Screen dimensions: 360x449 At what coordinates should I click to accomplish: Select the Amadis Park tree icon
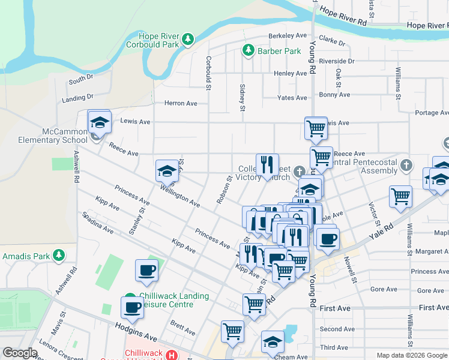pos(58,256)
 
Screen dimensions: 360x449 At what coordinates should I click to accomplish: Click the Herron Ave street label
pos(181,103)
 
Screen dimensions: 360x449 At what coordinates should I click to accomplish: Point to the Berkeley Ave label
pos(288,35)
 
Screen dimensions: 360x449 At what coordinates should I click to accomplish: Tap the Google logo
pos(20,353)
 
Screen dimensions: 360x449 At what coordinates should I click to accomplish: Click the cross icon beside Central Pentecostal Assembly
pos(406,165)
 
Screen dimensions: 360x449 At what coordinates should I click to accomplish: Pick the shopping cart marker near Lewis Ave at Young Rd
pos(316,128)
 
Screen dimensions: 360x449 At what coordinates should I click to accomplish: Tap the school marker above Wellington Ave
pos(167,172)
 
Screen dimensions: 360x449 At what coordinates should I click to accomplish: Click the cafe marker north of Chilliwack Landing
pos(147,271)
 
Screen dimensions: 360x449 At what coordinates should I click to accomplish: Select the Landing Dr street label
pos(77,97)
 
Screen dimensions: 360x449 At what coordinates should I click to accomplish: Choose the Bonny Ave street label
pos(334,95)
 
